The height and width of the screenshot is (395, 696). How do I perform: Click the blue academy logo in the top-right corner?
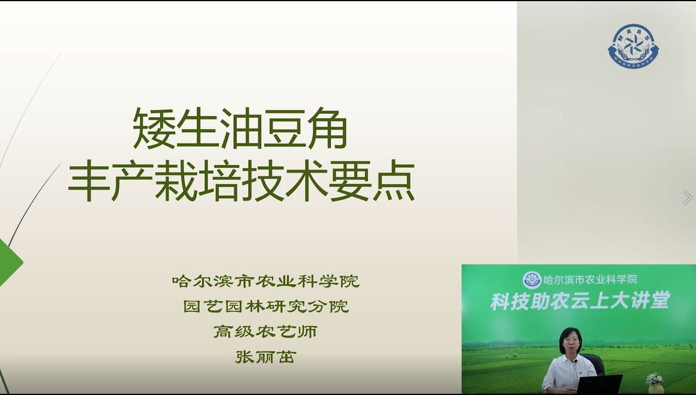click(x=633, y=46)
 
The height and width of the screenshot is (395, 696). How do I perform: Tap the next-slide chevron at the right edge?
click(x=687, y=198)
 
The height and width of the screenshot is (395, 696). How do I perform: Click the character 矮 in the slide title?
click(x=154, y=128)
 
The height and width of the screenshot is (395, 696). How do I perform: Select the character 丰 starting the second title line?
click(x=89, y=181)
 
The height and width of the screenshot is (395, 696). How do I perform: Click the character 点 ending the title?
click(x=393, y=181)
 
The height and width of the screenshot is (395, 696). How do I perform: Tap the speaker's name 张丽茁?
click(x=265, y=357)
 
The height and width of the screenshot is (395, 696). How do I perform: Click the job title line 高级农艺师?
click(x=265, y=332)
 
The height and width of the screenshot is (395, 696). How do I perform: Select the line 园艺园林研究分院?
click(x=266, y=306)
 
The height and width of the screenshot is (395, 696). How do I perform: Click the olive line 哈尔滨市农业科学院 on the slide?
click(x=265, y=281)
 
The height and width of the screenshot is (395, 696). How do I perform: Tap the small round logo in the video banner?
click(x=532, y=280)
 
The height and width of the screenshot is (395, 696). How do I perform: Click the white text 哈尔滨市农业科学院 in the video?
click(x=590, y=279)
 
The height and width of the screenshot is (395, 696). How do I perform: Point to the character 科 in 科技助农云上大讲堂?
click(x=500, y=301)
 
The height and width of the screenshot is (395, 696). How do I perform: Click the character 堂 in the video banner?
click(x=661, y=301)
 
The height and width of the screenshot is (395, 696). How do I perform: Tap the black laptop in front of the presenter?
click(x=599, y=385)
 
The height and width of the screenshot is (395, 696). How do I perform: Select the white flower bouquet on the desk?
click(x=654, y=379)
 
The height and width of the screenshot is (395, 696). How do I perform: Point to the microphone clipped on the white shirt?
click(x=576, y=361)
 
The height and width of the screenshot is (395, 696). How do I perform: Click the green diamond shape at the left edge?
click(x=10, y=263)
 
